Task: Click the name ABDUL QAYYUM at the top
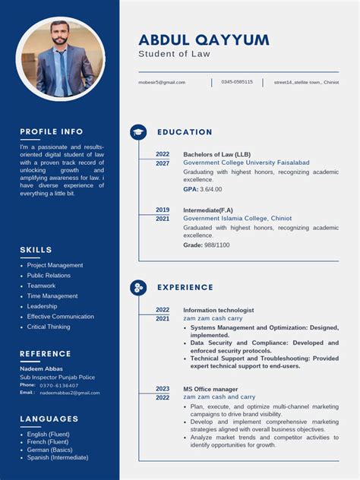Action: coord(204,40)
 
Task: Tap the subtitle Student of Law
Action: coord(174,54)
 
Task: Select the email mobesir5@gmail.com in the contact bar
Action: coord(162,82)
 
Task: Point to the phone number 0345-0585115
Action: coord(237,82)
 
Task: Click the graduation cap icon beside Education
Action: coord(138,132)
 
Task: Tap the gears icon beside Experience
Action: coord(138,287)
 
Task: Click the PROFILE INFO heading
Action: coord(52,131)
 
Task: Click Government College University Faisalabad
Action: coord(246,163)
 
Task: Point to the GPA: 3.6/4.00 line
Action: coord(203,189)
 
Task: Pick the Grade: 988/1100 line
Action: coord(207,245)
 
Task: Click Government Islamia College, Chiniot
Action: coord(237,218)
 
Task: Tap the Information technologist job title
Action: coord(219,310)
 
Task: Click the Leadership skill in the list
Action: coord(43,306)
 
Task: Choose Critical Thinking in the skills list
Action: coord(49,327)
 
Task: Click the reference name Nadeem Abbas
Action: coord(42,368)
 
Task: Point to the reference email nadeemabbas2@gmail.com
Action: coord(70,393)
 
